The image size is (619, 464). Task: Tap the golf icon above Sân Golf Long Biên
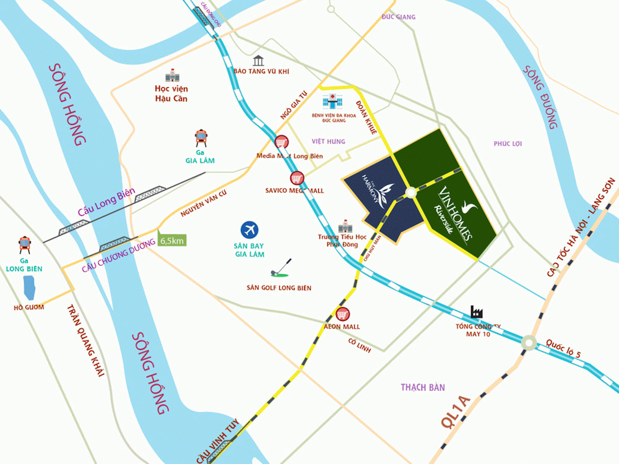click(x=278, y=268)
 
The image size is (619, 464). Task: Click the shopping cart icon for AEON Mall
click(x=342, y=314)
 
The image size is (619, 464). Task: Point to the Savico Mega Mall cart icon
click(x=298, y=178)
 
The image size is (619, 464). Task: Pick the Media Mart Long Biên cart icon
click(x=280, y=142)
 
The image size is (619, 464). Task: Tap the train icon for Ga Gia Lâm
click(x=201, y=137)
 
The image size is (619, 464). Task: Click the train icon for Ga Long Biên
click(x=25, y=245)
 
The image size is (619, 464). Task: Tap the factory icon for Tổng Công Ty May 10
click(x=477, y=312)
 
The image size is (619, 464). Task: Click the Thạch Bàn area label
click(x=423, y=387)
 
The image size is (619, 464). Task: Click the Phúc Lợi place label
click(x=508, y=144)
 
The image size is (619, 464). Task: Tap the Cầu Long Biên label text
click(x=106, y=202)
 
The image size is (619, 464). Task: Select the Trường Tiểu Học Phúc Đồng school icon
click(x=344, y=227)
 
